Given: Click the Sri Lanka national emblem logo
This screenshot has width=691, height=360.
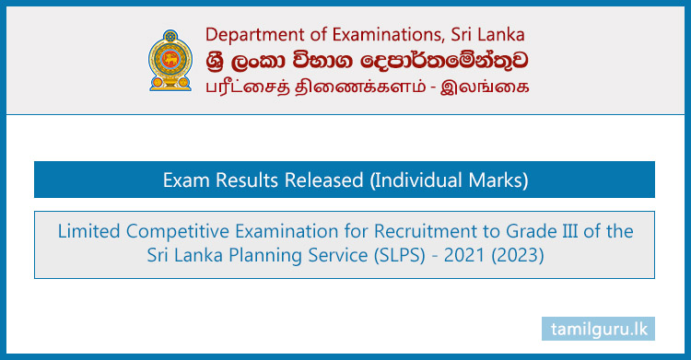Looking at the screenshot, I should [172, 62].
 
